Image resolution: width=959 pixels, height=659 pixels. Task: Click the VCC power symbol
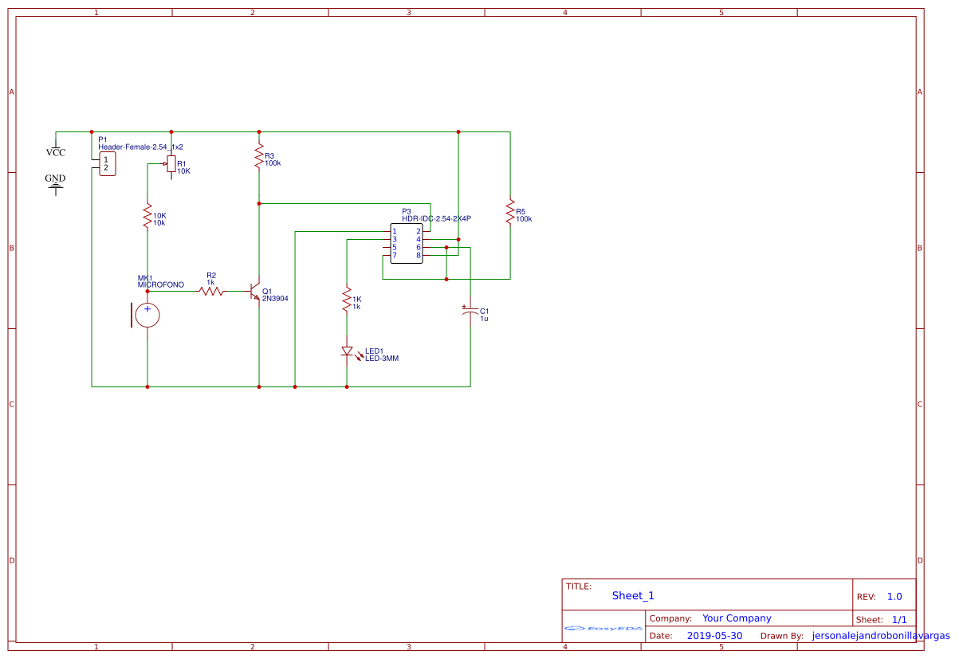[x=56, y=151]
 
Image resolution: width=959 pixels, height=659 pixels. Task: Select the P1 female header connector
[x=104, y=163]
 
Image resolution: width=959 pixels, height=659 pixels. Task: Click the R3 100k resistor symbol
[x=259, y=156]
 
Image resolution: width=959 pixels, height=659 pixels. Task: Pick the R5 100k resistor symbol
[x=510, y=212]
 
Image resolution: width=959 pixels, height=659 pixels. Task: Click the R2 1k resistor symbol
[x=211, y=292]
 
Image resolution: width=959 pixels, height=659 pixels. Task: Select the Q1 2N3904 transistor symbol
[x=255, y=292]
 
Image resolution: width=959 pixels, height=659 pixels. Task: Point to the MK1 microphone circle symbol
[x=147, y=315]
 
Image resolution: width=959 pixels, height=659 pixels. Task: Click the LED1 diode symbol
[x=347, y=351]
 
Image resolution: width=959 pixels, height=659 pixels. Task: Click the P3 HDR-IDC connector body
[x=407, y=243]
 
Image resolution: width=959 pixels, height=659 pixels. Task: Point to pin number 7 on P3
[x=395, y=255]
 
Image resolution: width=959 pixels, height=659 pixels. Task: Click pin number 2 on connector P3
[x=418, y=231]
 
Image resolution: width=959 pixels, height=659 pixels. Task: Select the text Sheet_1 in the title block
[x=633, y=595]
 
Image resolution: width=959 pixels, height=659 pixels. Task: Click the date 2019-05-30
[x=714, y=636]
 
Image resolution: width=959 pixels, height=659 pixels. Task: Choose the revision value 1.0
[x=894, y=597]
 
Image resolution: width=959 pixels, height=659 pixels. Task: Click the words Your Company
[x=737, y=618]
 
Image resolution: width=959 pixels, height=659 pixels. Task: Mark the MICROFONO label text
[x=160, y=284]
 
